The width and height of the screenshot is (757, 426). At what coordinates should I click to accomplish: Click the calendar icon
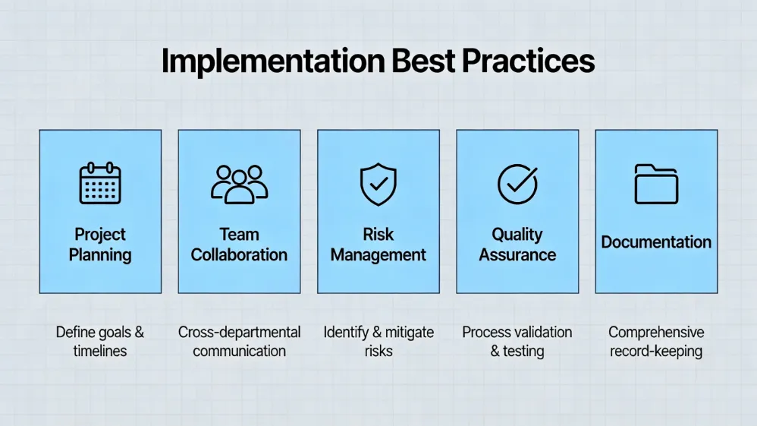point(100,183)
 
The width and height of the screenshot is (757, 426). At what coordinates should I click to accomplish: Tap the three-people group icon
point(239,184)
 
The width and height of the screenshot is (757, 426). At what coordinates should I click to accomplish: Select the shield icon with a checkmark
point(378,184)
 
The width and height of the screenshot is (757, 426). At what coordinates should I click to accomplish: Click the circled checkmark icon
point(517,183)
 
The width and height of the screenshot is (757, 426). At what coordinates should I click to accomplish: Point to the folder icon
point(656,184)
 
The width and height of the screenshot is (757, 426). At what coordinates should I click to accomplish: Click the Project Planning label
point(100,245)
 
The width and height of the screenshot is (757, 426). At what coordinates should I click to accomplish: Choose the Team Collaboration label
point(239,245)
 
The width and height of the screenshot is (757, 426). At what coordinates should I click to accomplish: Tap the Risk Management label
point(378,245)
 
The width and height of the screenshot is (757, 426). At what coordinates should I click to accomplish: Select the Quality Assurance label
point(517,245)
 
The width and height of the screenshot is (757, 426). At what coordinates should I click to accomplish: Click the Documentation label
point(656,242)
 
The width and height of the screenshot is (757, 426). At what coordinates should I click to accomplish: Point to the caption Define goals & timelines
point(100,342)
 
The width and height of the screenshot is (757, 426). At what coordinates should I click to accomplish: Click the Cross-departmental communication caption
point(239,342)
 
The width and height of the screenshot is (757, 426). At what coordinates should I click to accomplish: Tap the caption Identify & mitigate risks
point(378,342)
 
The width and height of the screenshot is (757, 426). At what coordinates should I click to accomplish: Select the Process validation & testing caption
point(517,342)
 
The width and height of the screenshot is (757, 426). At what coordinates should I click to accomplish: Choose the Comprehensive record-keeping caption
point(656,342)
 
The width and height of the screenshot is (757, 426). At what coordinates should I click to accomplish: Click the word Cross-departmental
point(239,333)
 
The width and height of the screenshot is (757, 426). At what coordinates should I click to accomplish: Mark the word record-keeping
point(656,352)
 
